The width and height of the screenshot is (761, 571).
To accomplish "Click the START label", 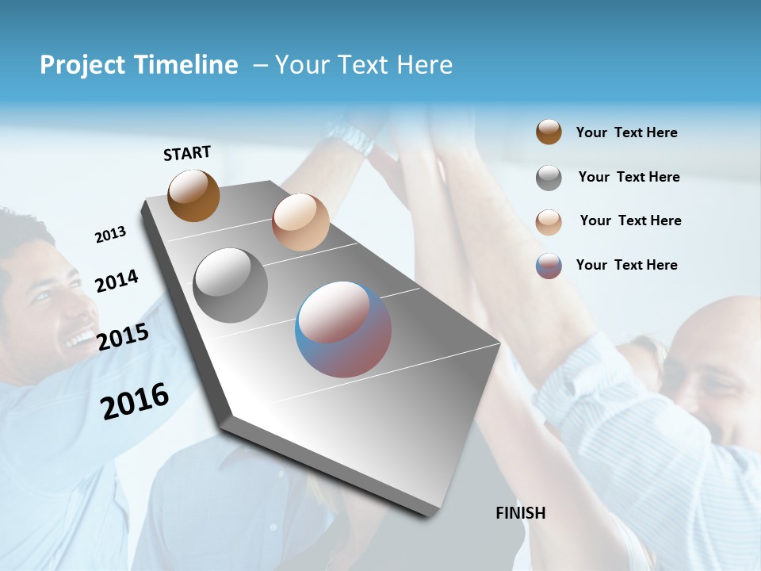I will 187,153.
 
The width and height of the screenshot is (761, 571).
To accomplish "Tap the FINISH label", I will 521,513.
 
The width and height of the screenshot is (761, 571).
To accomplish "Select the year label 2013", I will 110,235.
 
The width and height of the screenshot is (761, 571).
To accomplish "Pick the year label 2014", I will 117,281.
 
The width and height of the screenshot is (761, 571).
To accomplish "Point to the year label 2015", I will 123,337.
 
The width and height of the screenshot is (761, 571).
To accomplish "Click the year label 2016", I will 135,400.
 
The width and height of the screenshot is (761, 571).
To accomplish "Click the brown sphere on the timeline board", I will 193,195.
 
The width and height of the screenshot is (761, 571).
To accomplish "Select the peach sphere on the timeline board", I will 300,222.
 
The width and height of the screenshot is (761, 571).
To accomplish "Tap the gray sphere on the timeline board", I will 231,285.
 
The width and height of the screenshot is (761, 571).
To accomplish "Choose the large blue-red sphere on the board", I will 343,329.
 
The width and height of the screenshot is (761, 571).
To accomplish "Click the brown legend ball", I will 549,132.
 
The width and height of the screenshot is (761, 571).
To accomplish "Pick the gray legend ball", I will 549,178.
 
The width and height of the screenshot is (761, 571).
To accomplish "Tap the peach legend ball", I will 549,222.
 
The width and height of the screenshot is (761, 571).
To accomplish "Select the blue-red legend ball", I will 549,266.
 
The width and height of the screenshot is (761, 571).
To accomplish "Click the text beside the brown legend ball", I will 626,132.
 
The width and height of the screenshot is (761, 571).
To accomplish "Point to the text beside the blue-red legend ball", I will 626,265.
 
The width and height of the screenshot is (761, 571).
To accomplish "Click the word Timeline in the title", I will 187,65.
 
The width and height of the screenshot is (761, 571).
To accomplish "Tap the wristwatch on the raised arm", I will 350,136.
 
